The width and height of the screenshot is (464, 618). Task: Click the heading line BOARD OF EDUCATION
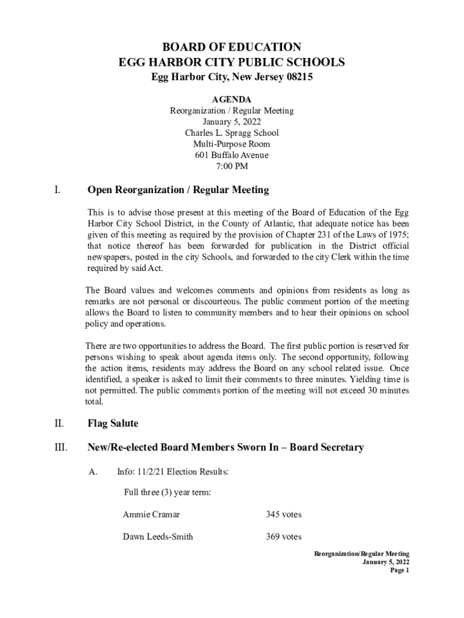click(x=232, y=47)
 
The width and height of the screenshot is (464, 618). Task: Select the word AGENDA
click(x=231, y=100)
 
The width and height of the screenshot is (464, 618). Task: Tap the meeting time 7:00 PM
click(x=231, y=166)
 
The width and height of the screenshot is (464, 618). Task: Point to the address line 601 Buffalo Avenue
click(x=231, y=155)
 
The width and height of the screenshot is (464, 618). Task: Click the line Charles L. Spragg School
click(x=231, y=133)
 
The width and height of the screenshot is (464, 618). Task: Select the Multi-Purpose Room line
click(x=231, y=144)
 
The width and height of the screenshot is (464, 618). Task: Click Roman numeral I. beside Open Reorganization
click(x=57, y=191)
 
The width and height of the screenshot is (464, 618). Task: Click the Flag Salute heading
click(x=113, y=424)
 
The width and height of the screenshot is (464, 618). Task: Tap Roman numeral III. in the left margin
click(x=59, y=448)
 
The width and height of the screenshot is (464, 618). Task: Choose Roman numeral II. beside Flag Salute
click(x=58, y=424)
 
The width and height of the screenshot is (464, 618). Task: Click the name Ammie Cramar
click(x=151, y=515)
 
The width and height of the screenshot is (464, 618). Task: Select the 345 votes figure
click(x=283, y=515)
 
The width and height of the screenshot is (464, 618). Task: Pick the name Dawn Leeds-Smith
click(x=158, y=537)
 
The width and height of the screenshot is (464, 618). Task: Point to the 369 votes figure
click(x=283, y=537)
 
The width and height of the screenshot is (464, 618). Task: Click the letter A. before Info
click(x=93, y=471)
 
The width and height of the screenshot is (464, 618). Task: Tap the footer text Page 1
click(x=400, y=570)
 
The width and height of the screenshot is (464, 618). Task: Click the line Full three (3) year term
click(x=167, y=492)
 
